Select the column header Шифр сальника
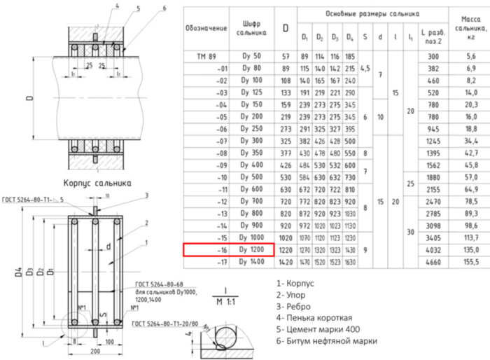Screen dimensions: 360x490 (x=251, y=28)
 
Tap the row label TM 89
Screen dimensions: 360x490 (x=206, y=55)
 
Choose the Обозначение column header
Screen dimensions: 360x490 (x=206, y=28)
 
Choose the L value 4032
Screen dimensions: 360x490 (x=430, y=249)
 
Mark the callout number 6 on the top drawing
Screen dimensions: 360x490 (x=164, y=8)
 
